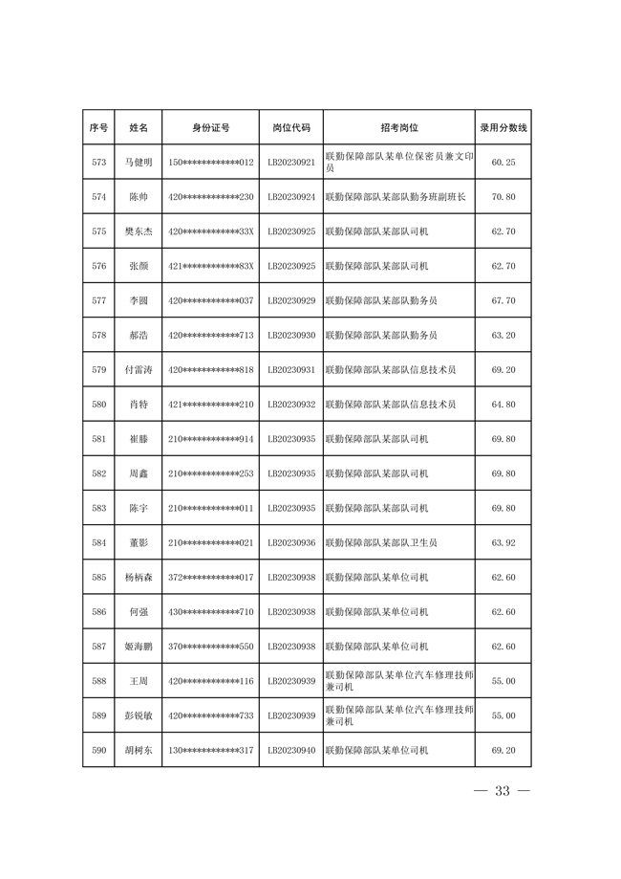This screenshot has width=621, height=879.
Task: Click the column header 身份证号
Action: (210, 127)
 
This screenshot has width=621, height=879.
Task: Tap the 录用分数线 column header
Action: (503, 127)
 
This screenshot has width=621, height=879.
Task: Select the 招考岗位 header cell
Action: (399, 127)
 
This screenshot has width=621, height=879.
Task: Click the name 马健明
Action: (138, 163)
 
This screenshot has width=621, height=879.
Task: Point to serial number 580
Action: (98, 405)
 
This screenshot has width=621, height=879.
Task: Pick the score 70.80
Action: (503, 197)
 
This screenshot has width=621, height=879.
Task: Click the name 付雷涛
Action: (138, 370)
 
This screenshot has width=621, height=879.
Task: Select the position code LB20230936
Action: (291, 543)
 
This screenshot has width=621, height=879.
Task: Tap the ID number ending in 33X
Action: (210, 231)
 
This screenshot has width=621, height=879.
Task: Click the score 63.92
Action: (503, 543)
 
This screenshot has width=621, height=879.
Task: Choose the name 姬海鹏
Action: (138, 647)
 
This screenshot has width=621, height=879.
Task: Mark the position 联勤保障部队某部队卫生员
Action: (381, 543)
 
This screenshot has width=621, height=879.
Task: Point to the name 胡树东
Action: (138, 751)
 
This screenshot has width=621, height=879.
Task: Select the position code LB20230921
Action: (291, 163)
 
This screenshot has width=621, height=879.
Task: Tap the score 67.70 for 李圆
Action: (503, 300)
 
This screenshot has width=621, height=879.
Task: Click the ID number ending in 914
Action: (210, 439)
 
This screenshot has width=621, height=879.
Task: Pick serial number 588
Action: (98, 681)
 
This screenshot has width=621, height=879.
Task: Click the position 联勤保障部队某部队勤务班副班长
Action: (396, 197)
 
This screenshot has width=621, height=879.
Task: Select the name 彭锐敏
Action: (138, 715)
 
